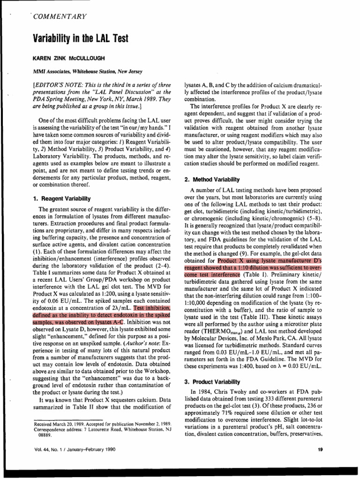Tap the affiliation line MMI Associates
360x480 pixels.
tap(52, 72)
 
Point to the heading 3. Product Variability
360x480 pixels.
tap(213, 382)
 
